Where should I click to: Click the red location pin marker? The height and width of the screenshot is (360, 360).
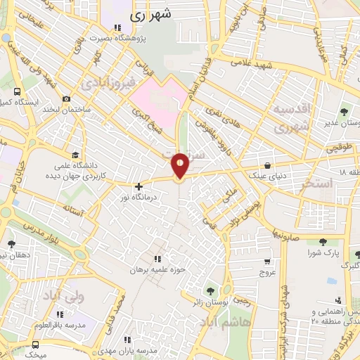tap(180, 165)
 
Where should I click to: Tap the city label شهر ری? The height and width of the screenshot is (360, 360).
tap(153, 13)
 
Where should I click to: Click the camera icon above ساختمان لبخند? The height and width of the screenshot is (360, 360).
tap(67, 99)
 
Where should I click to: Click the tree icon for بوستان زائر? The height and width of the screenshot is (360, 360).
tap(210, 291)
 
